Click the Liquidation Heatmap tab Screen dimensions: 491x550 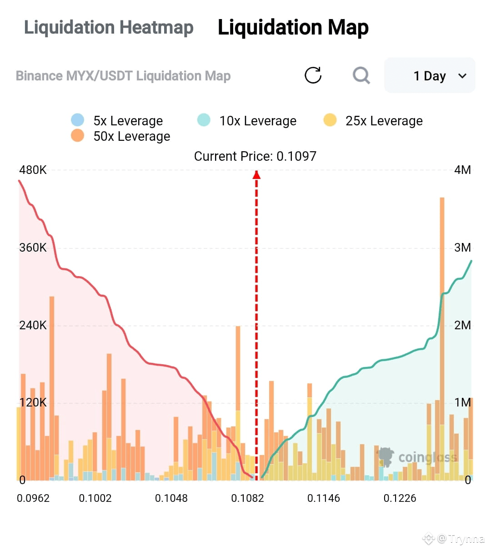109,27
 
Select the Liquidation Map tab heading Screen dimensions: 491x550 293,27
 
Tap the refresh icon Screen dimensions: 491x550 313,75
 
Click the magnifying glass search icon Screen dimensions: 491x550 361,75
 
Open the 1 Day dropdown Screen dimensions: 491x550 429,75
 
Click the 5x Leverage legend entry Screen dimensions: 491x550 117,120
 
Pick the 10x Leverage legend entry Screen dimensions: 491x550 247,120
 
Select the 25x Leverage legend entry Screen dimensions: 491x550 373,120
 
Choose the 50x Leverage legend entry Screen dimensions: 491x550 120,136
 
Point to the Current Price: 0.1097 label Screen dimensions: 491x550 255,156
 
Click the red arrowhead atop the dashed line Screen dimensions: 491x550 256,175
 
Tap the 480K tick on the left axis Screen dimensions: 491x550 33,170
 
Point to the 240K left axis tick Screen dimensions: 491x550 33,325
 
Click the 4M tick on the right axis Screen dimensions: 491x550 462,170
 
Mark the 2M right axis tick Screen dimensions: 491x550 462,325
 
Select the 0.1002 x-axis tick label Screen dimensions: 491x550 95,498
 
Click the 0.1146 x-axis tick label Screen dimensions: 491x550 323,498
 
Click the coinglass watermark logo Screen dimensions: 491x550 416,457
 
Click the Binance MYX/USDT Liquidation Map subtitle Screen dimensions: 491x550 123,76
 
